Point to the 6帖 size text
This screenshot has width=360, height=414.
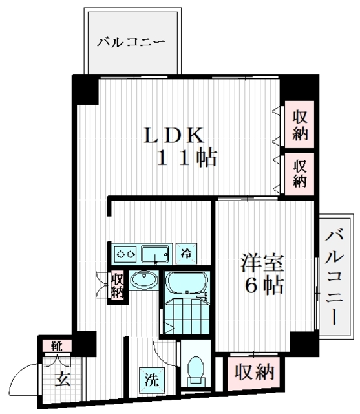(x=263, y=286)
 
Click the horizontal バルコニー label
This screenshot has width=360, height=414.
(x=132, y=43)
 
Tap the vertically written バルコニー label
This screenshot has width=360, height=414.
(x=334, y=276)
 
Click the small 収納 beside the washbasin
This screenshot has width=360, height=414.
(x=118, y=285)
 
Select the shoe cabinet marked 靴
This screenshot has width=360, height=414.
(x=57, y=345)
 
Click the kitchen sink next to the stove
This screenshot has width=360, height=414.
(x=155, y=252)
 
